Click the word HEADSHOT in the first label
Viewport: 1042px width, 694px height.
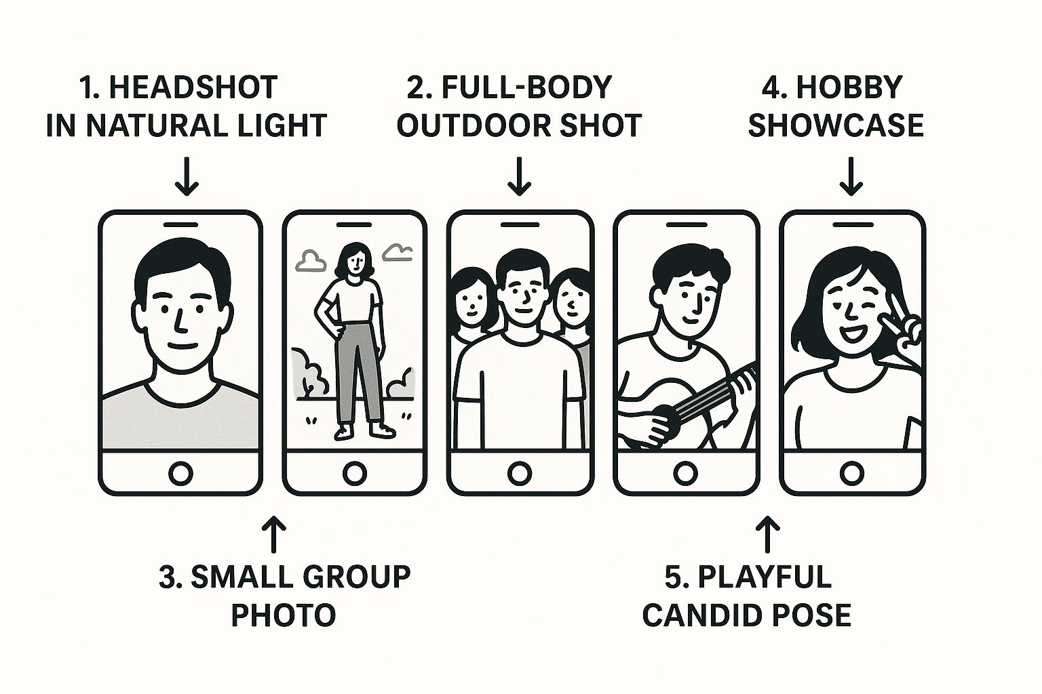tap(193, 87)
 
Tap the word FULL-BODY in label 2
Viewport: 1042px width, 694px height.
tap(526, 87)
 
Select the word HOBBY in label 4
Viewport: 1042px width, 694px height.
tap(849, 87)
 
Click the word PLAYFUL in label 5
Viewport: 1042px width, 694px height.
tap(765, 577)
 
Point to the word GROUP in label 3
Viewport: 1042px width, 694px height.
tap(357, 577)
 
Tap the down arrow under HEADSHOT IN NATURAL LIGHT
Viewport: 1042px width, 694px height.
tap(187, 176)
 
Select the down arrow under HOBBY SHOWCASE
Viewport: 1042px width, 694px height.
tap(851, 176)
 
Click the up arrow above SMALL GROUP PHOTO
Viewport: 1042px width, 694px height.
tap(273, 534)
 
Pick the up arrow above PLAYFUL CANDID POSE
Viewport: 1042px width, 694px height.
tap(767, 534)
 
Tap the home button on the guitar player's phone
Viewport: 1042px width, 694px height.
tap(685, 473)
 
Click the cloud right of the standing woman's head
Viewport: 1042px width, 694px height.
tap(398, 252)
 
